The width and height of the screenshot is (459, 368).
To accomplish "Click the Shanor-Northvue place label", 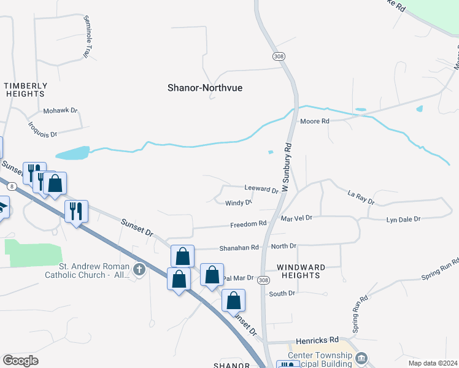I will [205, 88].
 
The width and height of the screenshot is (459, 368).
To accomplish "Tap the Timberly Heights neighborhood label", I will [26, 90].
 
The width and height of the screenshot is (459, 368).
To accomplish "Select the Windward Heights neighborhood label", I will [299, 271].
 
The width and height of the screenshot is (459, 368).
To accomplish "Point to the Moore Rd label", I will [315, 121].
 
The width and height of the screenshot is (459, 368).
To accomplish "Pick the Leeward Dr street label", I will [261, 188].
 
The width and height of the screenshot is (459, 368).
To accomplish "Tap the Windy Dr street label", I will [239, 203].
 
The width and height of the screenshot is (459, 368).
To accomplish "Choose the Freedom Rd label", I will [249, 224].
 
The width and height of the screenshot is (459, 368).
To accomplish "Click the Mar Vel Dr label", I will [296, 218].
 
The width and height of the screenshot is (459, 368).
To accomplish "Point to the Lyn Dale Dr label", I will [403, 219].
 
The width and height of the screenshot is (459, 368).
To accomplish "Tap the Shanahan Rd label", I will [240, 247].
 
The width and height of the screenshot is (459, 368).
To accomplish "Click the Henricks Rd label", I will [317, 339].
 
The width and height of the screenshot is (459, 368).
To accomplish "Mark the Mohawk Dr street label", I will [61, 111].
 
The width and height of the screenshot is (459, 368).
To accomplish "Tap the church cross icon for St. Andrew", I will [139, 269].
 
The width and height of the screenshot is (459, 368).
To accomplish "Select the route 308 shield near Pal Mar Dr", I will [263, 280].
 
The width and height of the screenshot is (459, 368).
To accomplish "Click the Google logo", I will [20, 361].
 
